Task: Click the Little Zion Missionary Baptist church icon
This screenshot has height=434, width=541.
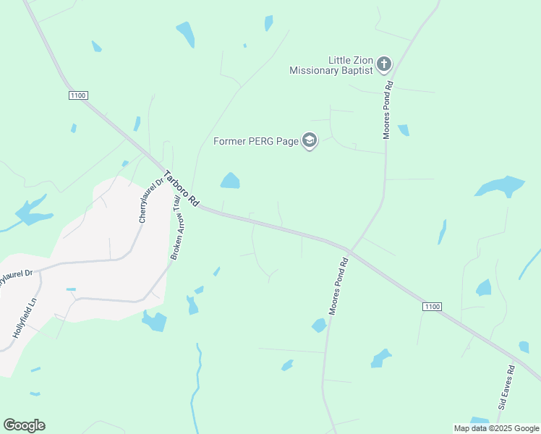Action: pyautogui.click(x=383, y=65)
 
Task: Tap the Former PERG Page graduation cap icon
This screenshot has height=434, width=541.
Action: pyautogui.click(x=310, y=140)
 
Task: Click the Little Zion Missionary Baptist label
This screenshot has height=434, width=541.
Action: pyautogui.click(x=331, y=65)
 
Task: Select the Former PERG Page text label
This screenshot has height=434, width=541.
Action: pyautogui.click(x=256, y=141)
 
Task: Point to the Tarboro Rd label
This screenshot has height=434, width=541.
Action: pyautogui.click(x=182, y=190)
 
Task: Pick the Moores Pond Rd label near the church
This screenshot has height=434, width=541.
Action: pyautogui.click(x=388, y=109)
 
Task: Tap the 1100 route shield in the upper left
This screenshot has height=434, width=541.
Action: pyautogui.click(x=78, y=95)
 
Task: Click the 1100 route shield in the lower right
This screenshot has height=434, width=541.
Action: pyautogui.click(x=431, y=307)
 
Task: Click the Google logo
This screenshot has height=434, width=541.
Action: pyautogui.click(x=24, y=425)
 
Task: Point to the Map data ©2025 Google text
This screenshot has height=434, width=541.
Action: pyautogui.click(x=496, y=428)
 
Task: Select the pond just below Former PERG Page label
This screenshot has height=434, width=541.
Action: pyautogui.click(x=230, y=180)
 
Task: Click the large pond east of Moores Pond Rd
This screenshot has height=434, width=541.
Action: pyautogui.click(x=500, y=186)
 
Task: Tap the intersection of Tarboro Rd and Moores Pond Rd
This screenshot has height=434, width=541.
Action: pyautogui.click(x=349, y=250)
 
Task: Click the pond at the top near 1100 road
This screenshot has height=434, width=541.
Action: pyautogui.click(x=186, y=33)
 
